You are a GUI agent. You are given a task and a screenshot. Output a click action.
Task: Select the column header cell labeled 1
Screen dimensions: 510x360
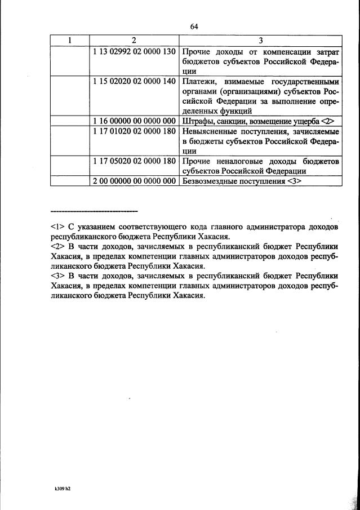[69, 40]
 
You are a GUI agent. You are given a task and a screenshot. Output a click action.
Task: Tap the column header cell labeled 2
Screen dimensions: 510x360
[134, 40]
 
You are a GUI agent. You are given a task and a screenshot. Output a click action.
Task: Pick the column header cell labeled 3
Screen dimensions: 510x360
[260, 40]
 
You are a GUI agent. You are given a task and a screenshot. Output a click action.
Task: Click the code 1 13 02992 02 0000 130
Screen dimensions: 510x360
[135, 51]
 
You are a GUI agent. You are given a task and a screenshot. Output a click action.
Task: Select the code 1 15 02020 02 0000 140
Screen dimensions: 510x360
[135, 81]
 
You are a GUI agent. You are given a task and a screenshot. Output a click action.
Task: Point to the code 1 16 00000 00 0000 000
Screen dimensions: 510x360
[135, 121]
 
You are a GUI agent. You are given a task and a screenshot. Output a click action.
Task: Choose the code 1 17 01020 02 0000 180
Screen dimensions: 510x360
[135, 131]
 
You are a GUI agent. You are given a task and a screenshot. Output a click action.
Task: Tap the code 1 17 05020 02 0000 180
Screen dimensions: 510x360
[135, 162]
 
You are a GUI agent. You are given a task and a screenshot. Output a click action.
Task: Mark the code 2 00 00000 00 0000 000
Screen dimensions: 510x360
[135, 182]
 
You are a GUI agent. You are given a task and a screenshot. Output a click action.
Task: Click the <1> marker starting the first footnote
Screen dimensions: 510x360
[56, 227]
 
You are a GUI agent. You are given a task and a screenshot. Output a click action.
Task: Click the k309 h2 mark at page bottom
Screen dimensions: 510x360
[62, 488]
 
